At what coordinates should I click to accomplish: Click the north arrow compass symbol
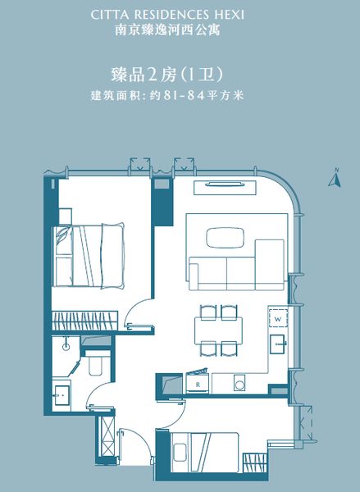[x=335, y=178]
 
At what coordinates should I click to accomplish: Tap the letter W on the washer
[x=278, y=320]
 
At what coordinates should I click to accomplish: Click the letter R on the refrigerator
[x=198, y=385]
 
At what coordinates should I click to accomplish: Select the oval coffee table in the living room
[x=225, y=238]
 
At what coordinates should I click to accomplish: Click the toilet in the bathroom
[x=96, y=363]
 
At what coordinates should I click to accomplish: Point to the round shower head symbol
[x=66, y=346]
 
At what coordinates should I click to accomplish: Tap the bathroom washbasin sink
[x=62, y=395]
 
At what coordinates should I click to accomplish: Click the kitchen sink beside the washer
[x=278, y=344]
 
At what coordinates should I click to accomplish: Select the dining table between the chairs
[x=218, y=330]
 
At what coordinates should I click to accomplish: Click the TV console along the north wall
[x=225, y=188]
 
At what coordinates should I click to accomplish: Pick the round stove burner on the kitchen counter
[x=239, y=385]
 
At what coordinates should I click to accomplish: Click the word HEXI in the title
[x=230, y=15]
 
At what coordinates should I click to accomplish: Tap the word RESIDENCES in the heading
[x=171, y=15]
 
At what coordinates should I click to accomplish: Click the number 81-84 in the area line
[x=183, y=95]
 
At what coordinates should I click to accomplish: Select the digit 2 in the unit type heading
[x=152, y=75]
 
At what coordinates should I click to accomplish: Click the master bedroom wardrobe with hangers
[x=84, y=321]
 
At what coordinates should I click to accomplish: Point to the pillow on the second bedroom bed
[x=180, y=452]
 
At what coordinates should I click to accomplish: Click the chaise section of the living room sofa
[x=270, y=264]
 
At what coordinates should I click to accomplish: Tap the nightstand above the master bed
[x=65, y=216]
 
